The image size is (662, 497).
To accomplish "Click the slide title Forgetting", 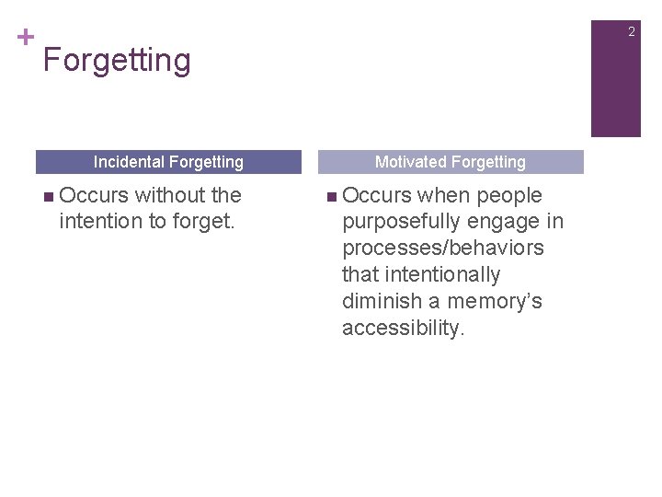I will (x=117, y=61).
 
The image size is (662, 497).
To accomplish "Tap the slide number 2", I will (x=631, y=32).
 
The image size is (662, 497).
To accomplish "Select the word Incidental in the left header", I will (x=127, y=162).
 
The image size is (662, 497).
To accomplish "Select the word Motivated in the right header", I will (x=411, y=162).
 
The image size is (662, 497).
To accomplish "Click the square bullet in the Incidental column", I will (x=48, y=196).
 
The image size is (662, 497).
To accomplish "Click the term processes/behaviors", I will (x=442, y=248).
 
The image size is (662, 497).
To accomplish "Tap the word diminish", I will (x=380, y=302).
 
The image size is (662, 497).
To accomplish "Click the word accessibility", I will (x=404, y=329).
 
